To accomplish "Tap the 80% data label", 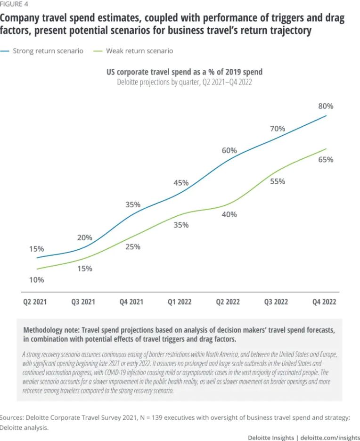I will (326, 106).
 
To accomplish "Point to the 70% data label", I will (278, 128).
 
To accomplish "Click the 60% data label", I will (229, 150).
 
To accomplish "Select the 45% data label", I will (181, 182).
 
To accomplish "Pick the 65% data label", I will (326, 160).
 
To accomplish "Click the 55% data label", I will (278, 181).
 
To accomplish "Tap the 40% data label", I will (229, 214).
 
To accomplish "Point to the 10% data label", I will (36, 279).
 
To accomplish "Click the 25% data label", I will (133, 246).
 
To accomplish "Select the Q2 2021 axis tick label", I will (35, 302).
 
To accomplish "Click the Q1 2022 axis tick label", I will (180, 302).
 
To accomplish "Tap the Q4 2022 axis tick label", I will (324, 302).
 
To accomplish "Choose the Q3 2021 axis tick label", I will (83, 302).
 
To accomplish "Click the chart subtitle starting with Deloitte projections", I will (184, 82).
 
